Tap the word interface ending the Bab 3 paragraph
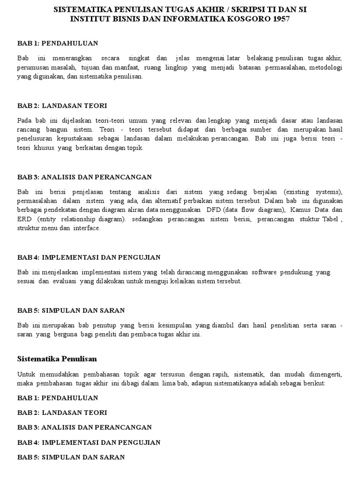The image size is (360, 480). pyautogui.click(x=87, y=228)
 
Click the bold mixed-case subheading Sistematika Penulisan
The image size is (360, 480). pyautogui.click(x=57, y=359)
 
